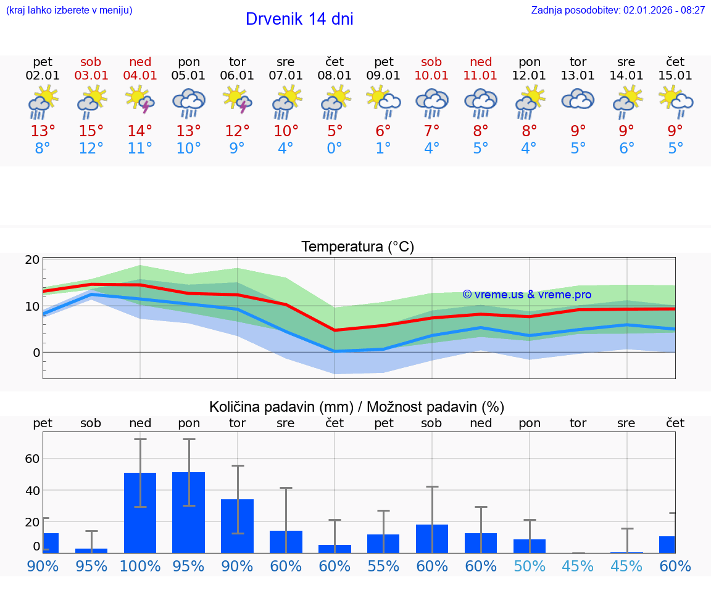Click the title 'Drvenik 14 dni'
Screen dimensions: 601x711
[299, 19]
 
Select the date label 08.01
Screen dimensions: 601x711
[335, 76]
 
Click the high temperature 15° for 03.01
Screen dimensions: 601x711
[91, 131]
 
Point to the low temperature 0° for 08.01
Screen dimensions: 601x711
[335, 149]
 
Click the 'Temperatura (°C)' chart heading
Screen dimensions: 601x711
[357, 247]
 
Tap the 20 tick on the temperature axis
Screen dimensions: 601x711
[32, 260]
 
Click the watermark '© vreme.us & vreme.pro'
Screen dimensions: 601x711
[526, 295]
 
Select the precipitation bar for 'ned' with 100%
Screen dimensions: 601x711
[140, 512]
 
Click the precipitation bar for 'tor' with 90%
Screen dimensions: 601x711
[237, 526]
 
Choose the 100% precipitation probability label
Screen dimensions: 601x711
[140, 566]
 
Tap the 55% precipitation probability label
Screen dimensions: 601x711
[383, 566]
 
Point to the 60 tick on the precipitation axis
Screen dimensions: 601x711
[32, 459]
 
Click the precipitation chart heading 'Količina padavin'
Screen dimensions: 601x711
[357, 407]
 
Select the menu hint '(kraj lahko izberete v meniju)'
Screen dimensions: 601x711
[69, 10]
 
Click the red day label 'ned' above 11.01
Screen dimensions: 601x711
[481, 62]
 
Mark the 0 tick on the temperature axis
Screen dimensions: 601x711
[36, 353]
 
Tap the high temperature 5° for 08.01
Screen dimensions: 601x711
[335, 131]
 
